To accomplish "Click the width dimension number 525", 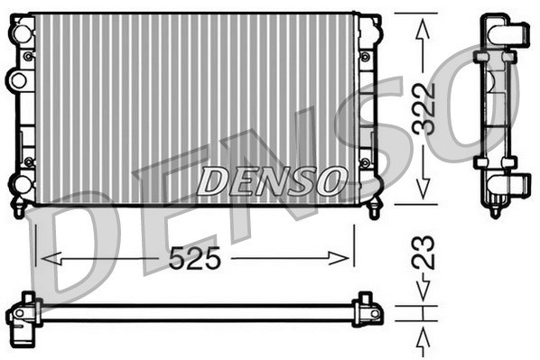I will pos(195,259).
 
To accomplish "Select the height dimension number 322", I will pos(424,108).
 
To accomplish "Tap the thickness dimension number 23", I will pos(424,253).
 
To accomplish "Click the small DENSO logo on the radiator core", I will pos(271,180).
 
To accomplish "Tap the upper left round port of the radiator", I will pos(19,32).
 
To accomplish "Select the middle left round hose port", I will pos(17,80).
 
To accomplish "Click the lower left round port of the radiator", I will pos(19,186).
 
